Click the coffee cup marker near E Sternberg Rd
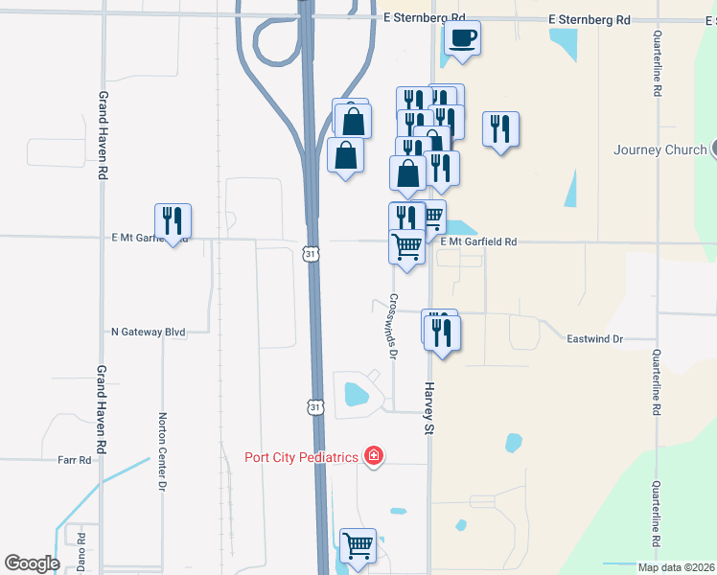(x=462, y=39)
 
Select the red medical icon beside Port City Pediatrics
(x=373, y=457)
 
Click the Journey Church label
(x=659, y=149)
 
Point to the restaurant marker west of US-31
(x=173, y=221)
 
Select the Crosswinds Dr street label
(x=393, y=325)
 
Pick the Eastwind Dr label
(x=594, y=339)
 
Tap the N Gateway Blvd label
(x=148, y=332)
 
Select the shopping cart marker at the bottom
(x=358, y=546)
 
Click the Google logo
(x=32, y=563)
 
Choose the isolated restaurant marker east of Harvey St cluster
(x=500, y=129)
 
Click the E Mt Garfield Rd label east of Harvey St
(x=478, y=242)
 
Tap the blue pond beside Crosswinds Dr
(x=356, y=393)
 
